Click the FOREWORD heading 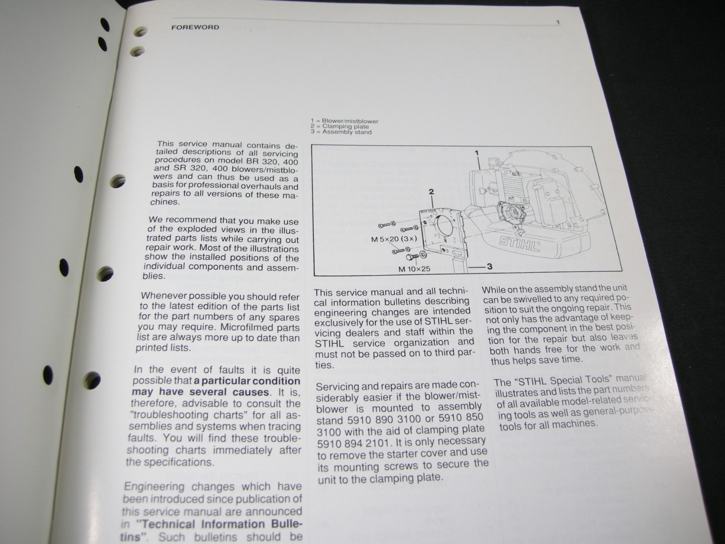pos(195,27)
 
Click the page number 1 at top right pos(558,22)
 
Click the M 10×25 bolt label pos(414,269)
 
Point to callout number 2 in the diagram pos(431,192)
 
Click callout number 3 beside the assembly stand pos(489,267)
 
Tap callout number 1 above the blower pos(477,153)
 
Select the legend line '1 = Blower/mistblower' pos(344,121)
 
